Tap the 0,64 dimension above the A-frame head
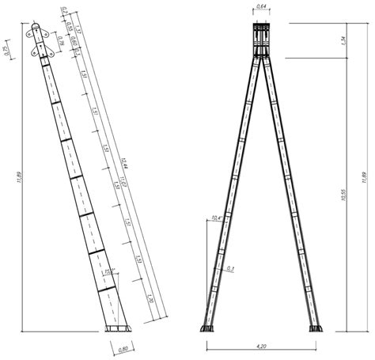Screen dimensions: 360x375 (261, 9)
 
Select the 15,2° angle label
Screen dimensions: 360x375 (109, 272)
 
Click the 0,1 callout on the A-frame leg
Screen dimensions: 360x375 (230, 269)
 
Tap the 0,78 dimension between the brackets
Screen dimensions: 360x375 (62, 43)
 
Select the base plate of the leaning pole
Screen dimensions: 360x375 (116, 329)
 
